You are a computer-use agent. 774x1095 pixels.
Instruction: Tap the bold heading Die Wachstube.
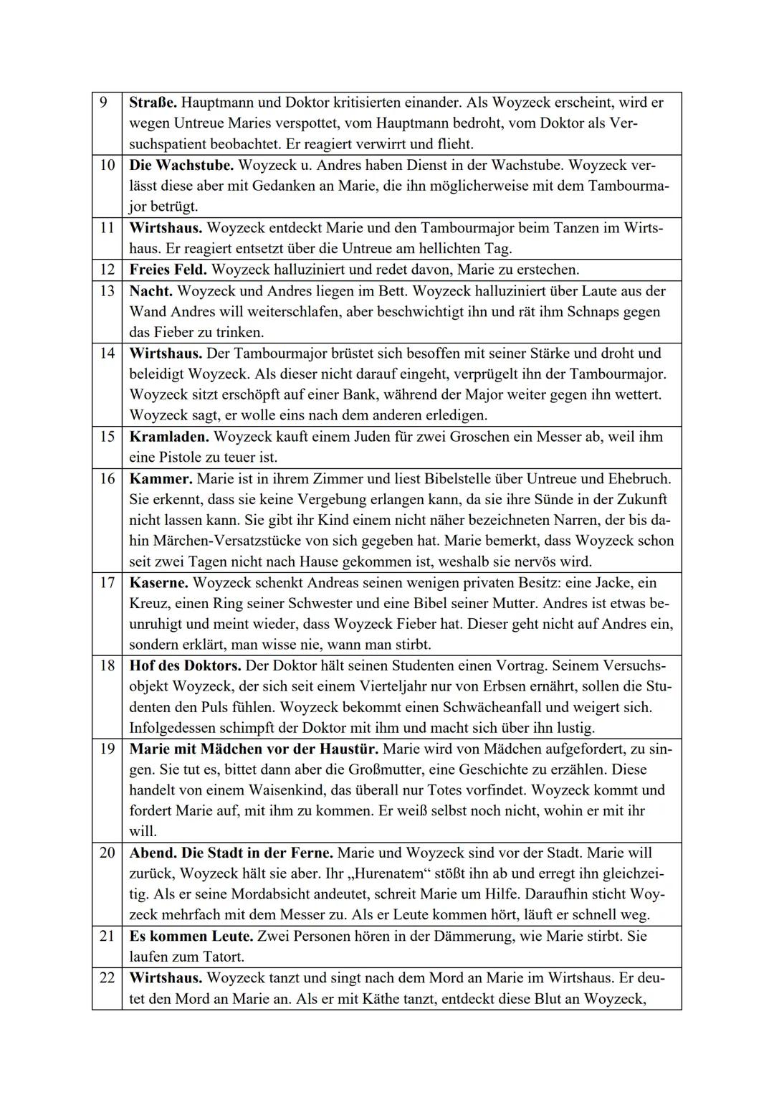tap(181, 165)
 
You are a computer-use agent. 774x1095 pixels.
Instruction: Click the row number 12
tap(107, 270)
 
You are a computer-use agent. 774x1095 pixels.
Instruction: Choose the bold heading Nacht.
tap(150, 290)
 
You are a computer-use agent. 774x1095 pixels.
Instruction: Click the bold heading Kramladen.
tap(168, 436)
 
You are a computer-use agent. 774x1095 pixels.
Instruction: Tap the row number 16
tap(107, 478)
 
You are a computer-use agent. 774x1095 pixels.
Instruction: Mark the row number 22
tap(107, 977)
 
